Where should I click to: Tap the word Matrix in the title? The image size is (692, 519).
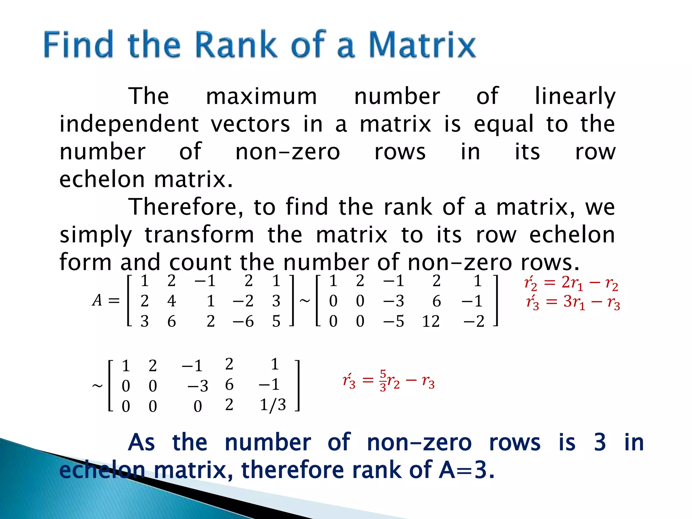click(x=422, y=44)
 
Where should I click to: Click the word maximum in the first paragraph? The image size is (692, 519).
click(x=262, y=96)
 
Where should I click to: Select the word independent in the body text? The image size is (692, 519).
click(x=129, y=124)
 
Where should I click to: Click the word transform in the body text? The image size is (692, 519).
click(x=199, y=234)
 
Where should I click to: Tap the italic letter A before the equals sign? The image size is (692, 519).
click(x=97, y=300)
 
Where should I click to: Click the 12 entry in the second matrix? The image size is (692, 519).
click(x=431, y=321)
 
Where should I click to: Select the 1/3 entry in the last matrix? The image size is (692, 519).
click(x=273, y=404)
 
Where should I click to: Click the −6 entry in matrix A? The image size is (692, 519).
click(x=243, y=321)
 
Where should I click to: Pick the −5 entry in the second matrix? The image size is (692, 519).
click(x=394, y=321)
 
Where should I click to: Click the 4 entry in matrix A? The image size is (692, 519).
click(x=172, y=301)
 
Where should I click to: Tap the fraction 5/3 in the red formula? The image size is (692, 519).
click(x=383, y=380)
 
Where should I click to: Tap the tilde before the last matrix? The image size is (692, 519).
click(x=97, y=386)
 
